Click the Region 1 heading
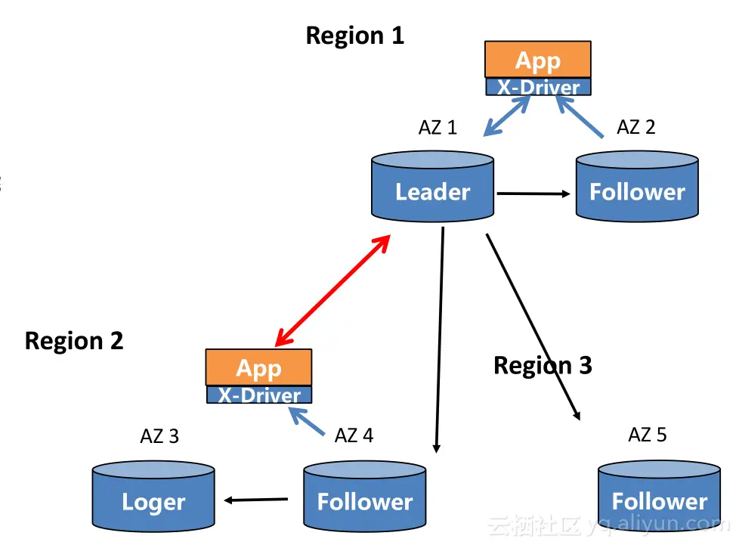click(354, 36)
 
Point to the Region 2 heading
click(74, 341)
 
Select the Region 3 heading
click(543, 366)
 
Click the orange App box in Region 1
click(538, 60)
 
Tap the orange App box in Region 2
click(258, 367)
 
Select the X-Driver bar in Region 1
click(538, 87)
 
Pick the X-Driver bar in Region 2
click(258, 395)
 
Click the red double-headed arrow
click(332, 290)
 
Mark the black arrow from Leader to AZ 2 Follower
click(533, 194)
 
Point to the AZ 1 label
click(438, 128)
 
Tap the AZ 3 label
click(159, 436)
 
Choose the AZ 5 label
click(648, 435)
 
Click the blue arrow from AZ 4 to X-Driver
click(308, 423)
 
